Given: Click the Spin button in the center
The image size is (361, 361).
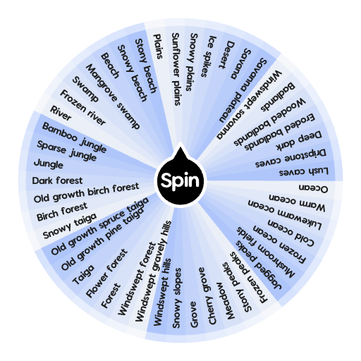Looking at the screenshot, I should pos(180,181).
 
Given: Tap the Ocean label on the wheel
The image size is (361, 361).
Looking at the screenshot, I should pos(314,188).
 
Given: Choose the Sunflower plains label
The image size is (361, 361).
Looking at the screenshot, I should pos(180,68).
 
